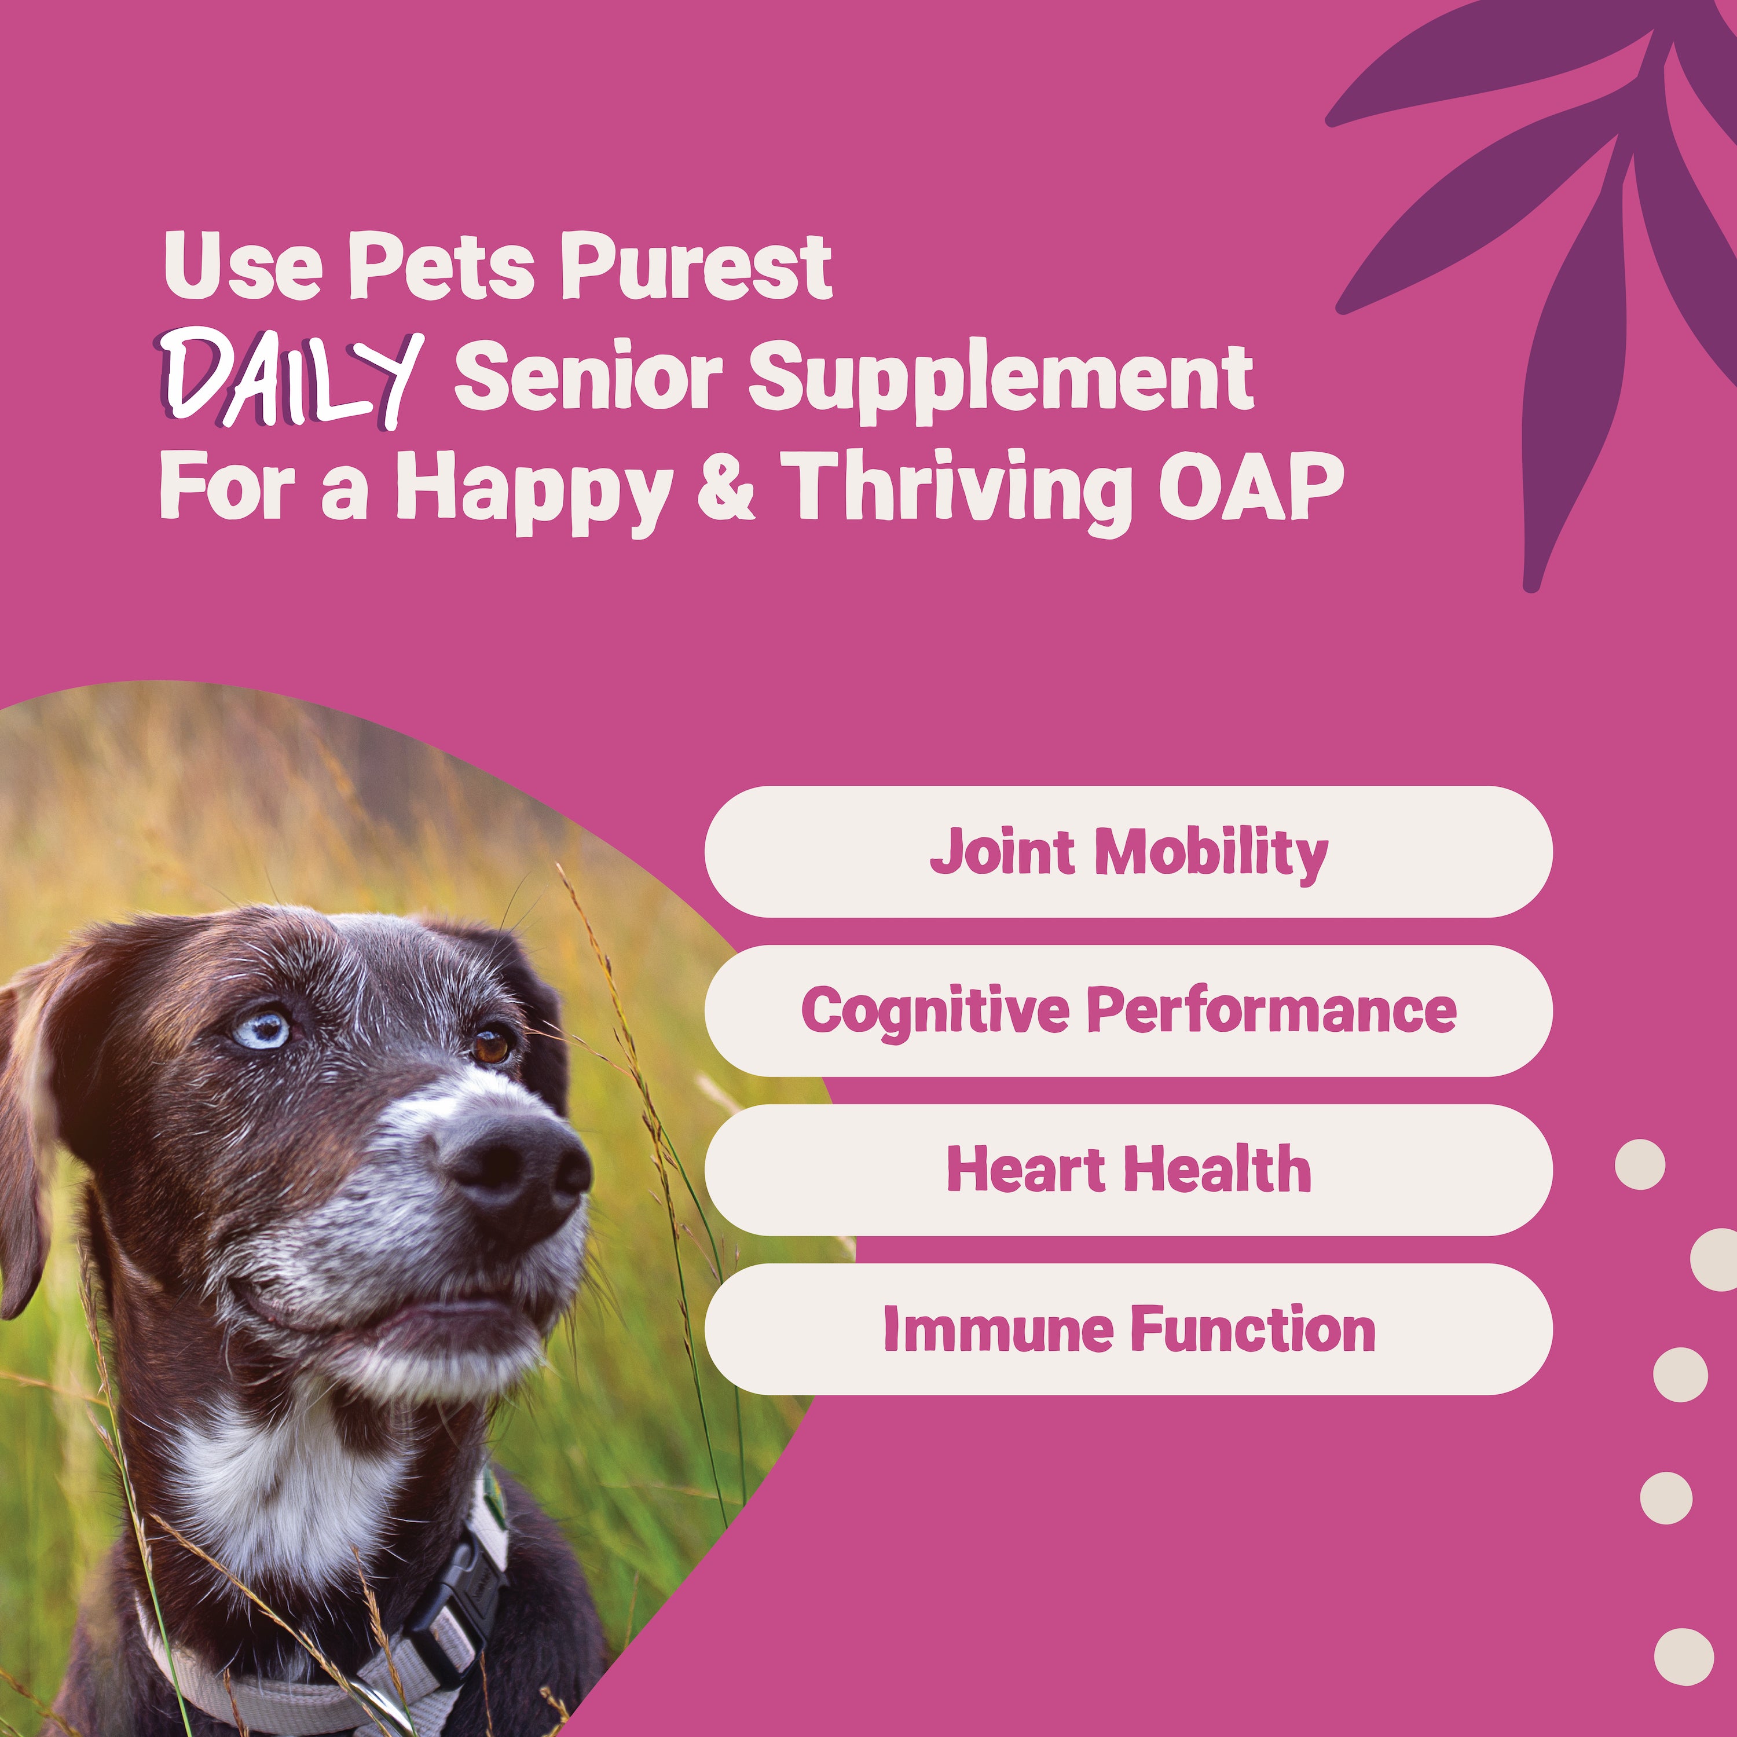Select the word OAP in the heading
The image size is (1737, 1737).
[1249, 488]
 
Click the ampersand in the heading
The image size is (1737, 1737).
[727, 488]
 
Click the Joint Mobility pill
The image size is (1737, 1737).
[1128, 851]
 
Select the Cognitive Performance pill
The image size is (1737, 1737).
[1128, 1010]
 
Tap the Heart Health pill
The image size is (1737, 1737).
[1128, 1170]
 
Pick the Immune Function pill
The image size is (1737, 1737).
[1128, 1329]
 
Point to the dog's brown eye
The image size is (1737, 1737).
[491, 1046]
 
